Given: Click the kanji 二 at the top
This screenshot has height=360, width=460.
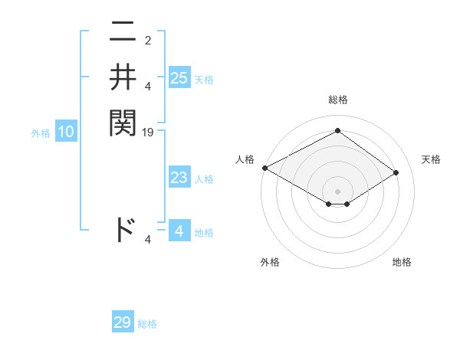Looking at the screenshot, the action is pyautogui.click(x=123, y=34).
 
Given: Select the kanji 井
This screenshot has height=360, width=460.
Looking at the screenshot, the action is pyautogui.click(x=123, y=77).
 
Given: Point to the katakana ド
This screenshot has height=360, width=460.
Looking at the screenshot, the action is pyautogui.click(x=123, y=229).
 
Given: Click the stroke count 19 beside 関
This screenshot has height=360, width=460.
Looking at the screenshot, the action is pyautogui.click(x=148, y=133).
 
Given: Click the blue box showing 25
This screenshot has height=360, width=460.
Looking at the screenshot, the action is pyautogui.click(x=179, y=77).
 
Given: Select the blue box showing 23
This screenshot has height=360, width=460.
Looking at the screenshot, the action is pyautogui.click(x=179, y=178).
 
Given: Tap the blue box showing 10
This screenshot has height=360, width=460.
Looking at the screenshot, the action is pyautogui.click(x=66, y=133).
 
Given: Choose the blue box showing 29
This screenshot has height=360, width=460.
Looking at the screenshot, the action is pyautogui.click(x=123, y=322).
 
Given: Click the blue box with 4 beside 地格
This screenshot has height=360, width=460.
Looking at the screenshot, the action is pyautogui.click(x=179, y=231).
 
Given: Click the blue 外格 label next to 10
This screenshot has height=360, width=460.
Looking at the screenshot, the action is pyautogui.click(x=41, y=133).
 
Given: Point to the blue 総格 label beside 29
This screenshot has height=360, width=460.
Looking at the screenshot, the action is pyautogui.click(x=147, y=324).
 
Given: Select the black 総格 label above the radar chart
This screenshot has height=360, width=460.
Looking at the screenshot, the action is pyautogui.click(x=337, y=100).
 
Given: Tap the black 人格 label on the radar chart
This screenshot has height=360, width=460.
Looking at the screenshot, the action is pyautogui.click(x=245, y=159).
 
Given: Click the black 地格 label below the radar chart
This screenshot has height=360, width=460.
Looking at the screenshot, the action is pyautogui.click(x=402, y=262).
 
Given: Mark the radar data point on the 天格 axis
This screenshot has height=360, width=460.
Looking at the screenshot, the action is pyautogui.click(x=396, y=172).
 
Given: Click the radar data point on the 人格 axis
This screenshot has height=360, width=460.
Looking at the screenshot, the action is pyautogui.click(x=264, y=168).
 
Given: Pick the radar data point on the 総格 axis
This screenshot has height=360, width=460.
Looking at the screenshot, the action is pyautogui.click(x=337, y=131).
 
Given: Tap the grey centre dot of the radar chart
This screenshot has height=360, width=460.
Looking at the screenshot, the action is pyautogui.click(x=337, y=191).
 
